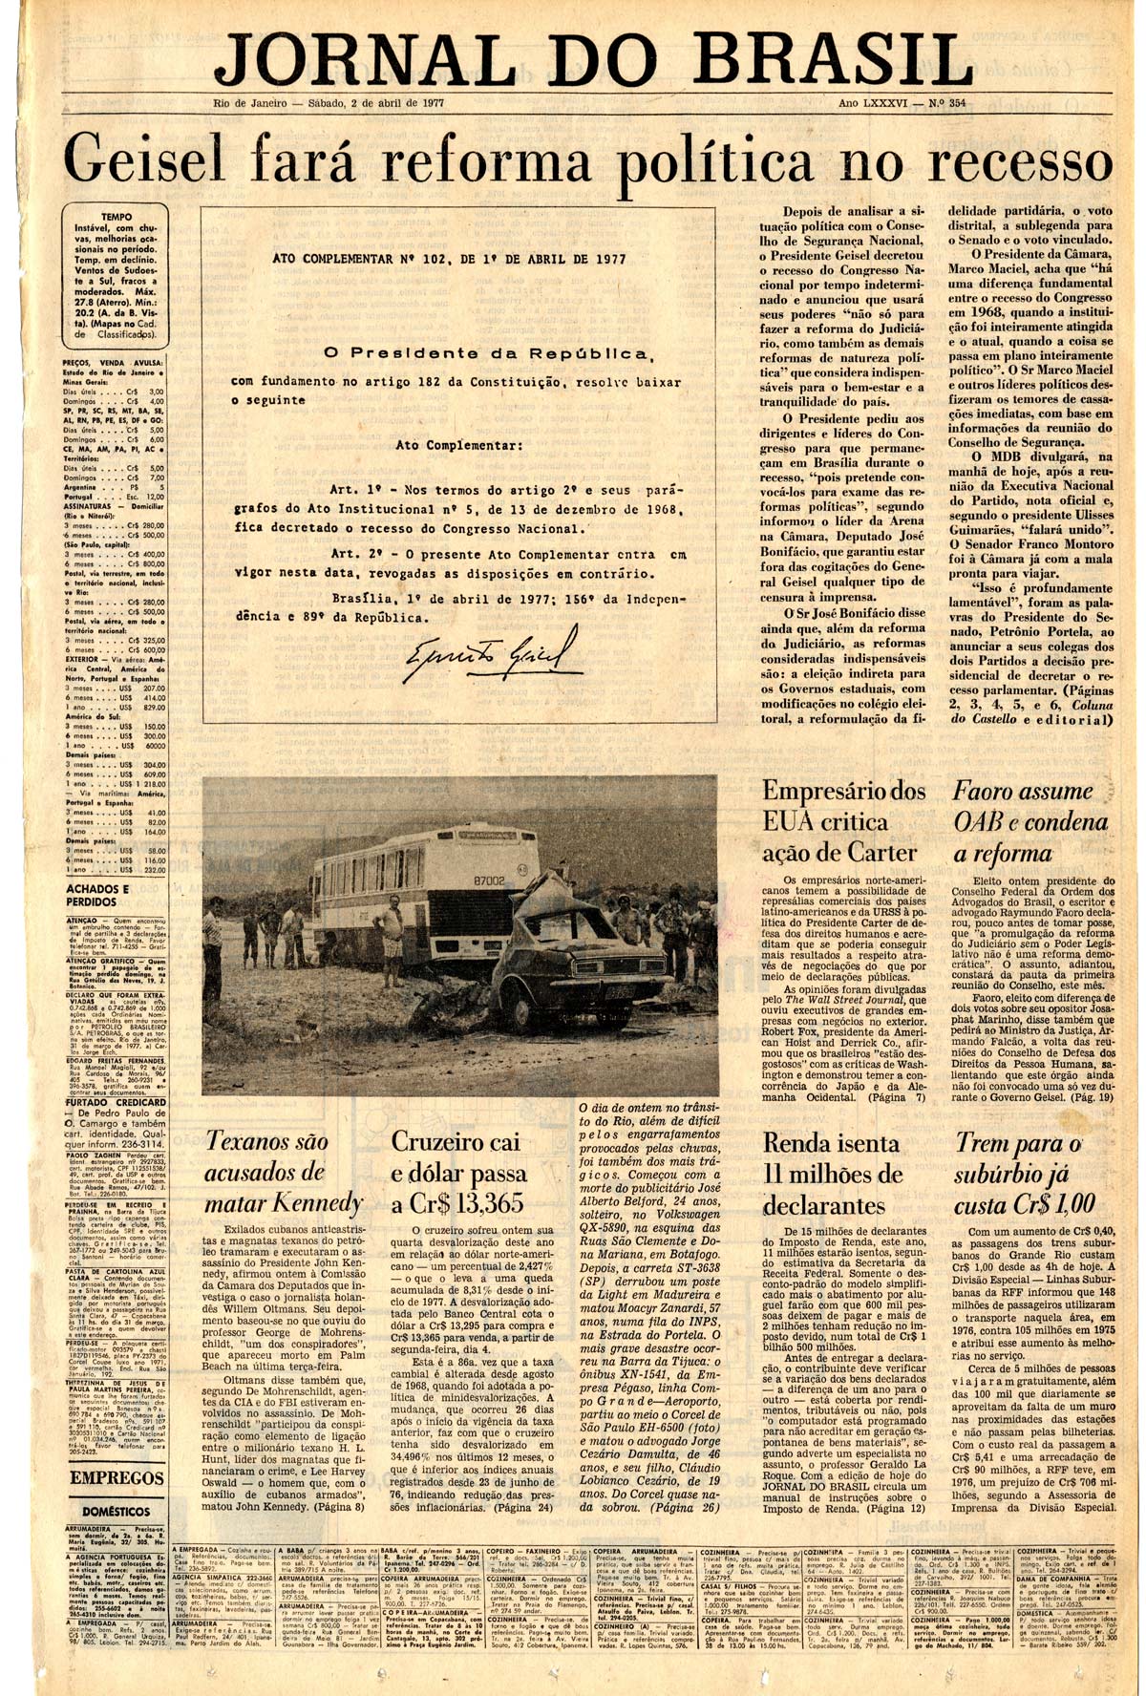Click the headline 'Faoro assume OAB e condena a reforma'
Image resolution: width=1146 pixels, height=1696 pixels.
(x=1022, y=821)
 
